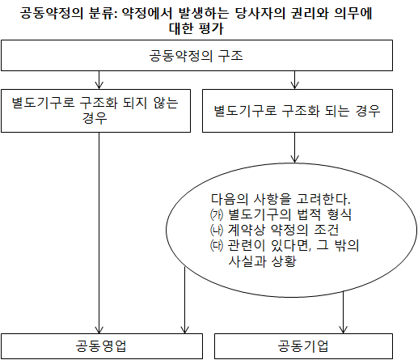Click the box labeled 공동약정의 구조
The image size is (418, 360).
196,56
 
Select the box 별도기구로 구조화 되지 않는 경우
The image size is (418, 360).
95,111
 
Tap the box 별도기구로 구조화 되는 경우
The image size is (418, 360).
298,111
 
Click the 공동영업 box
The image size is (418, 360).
102,346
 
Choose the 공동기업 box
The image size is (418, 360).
303,346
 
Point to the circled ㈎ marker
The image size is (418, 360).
217,214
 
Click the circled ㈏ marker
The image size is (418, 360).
217,230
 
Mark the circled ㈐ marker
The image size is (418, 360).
217,245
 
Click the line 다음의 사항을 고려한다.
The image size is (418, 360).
281,199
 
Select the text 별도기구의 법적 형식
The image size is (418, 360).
289,214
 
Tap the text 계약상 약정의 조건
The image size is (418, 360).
283,230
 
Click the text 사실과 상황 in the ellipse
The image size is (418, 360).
262,260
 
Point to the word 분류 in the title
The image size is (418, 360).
103,13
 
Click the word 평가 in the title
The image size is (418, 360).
211,28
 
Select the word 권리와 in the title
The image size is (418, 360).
310,13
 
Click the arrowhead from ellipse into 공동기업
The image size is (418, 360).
343,330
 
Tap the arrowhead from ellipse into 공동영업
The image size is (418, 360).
184,330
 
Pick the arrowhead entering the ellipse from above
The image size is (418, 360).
294,159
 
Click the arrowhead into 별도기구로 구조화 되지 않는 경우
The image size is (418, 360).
99,86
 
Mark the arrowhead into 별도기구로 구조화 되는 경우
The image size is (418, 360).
294,86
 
